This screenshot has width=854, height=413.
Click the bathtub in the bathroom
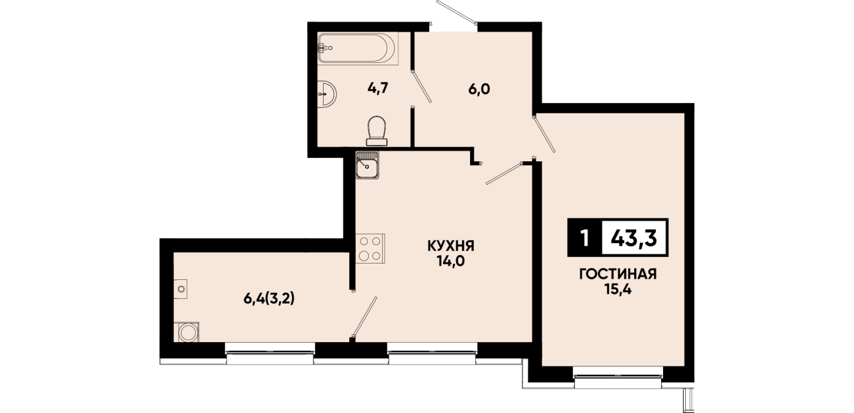tap(358, 48)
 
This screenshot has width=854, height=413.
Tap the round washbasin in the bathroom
tap(327, 93)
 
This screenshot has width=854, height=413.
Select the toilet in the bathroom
tap(377, 131)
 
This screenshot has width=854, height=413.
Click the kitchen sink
tap(367, 165)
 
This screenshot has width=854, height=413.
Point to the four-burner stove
tap(370, 248)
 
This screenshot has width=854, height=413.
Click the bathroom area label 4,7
tap(377, 88)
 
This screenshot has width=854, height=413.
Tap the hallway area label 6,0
tap(479, 90)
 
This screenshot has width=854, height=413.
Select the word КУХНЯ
tap(451, 246)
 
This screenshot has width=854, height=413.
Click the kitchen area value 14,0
tap(451, 262)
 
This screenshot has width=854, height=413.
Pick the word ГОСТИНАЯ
tap(618, 274)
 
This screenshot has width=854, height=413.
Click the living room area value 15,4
tap(618, 290)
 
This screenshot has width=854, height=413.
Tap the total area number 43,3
tap(633, 238)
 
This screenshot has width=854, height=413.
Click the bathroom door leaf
tap(422, 87)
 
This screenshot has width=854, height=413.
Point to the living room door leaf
tap(544, 133)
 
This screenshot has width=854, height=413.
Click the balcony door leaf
tap(364, 317)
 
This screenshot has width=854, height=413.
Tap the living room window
tap(618, 378)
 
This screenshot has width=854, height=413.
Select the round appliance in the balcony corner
tap(187, 332)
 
